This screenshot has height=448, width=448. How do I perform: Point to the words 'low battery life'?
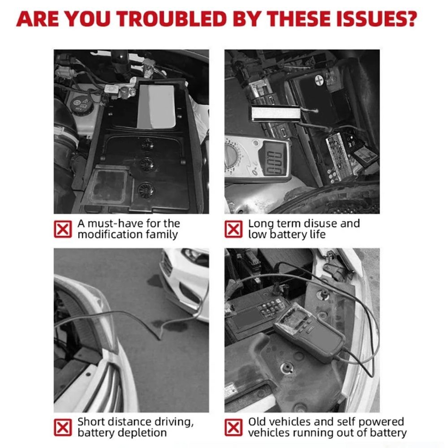(x=287, y=235)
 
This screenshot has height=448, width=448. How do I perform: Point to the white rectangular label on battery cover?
(x=157, y=105)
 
